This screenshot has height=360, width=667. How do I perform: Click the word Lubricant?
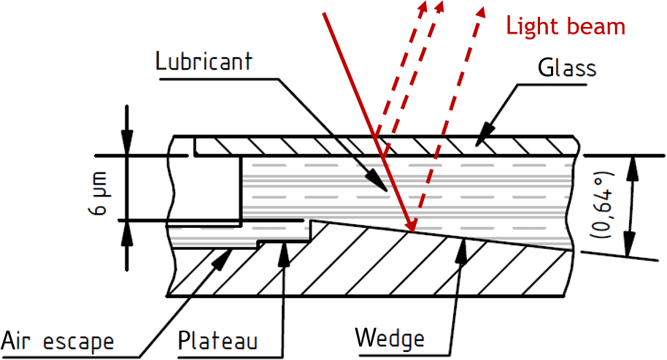coord(205,61)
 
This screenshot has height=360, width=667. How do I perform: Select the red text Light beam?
coord(566,26)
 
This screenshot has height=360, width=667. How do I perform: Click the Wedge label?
coord(389,339)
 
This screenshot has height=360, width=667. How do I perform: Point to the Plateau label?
coord(220,341)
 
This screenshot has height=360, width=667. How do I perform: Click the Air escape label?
coord(58,341)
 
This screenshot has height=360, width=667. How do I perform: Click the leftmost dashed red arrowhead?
coord(423,7)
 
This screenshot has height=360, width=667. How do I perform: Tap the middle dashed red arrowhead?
coord(439,7)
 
